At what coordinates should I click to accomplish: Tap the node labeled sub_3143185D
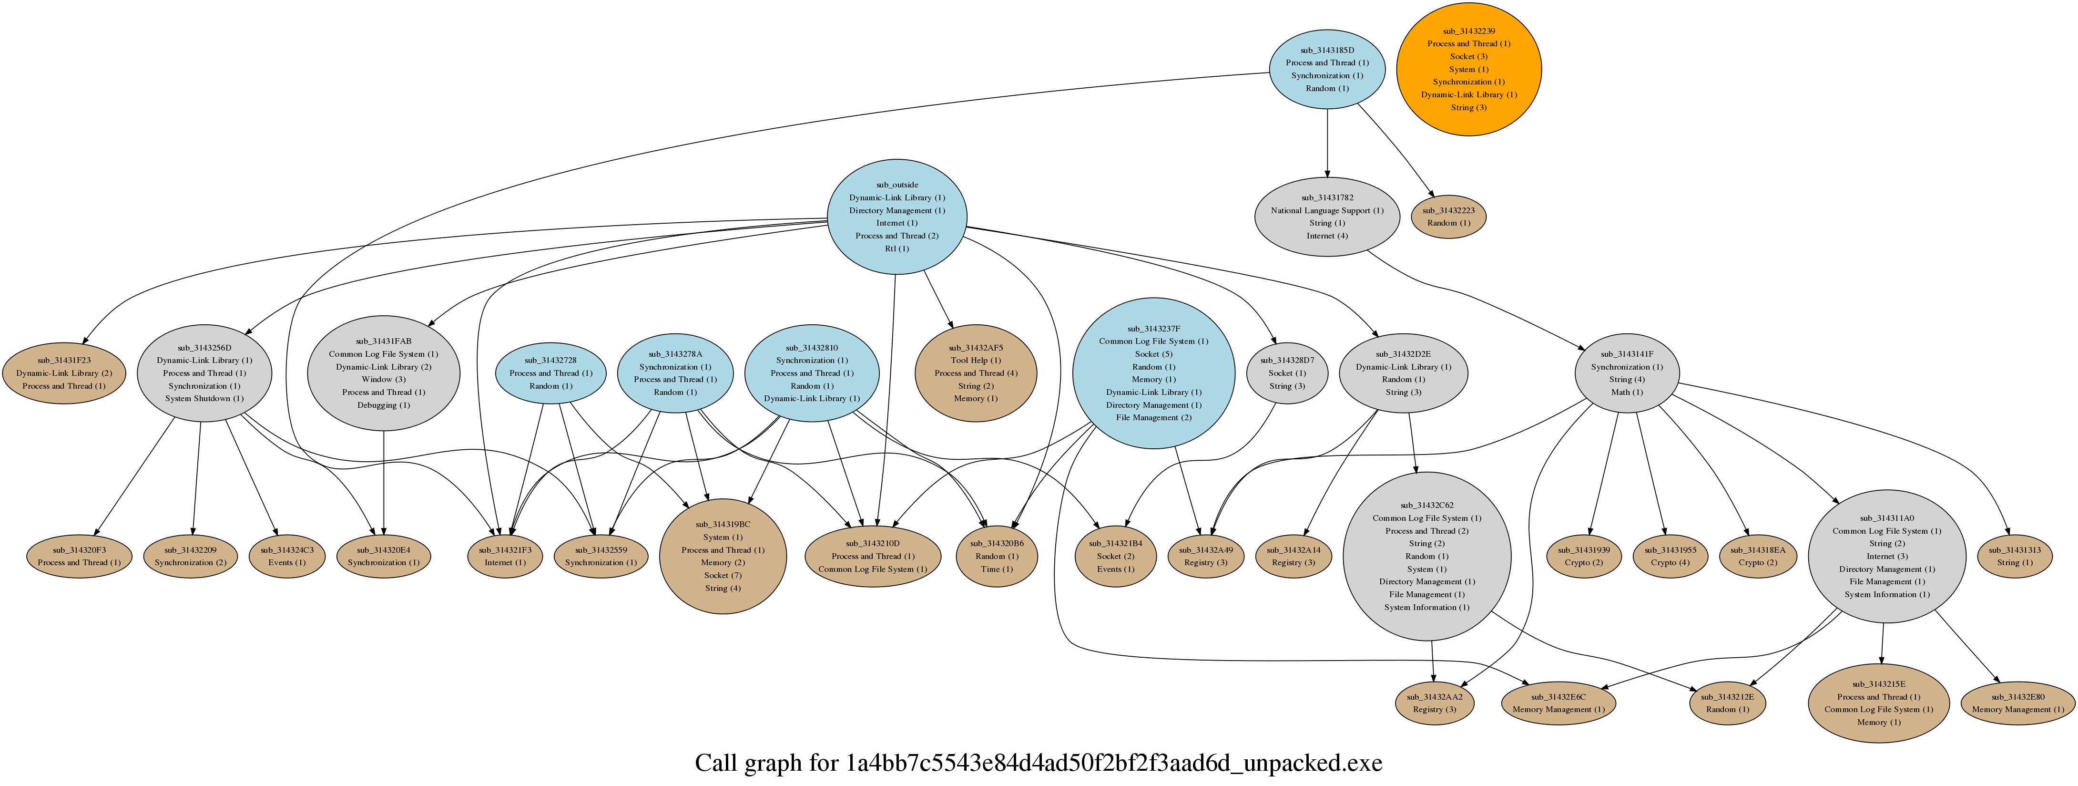(x=1327, y=69)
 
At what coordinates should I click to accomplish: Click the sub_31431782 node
(x=1327, y=216)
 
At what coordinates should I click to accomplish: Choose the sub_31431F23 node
(x=64, y=373)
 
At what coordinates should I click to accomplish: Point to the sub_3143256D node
(x=204, y=373)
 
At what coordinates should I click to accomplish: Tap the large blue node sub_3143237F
(x=1153, y=373)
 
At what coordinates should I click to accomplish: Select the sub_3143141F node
(x=1627, y=373)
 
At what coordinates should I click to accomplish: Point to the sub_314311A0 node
(x=1886, y=556)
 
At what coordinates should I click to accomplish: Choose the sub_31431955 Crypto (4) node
(x=1670, y=556)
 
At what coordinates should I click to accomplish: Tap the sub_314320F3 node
(x=79, y=556)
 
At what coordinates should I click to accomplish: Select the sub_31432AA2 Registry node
(x=1434, y=703)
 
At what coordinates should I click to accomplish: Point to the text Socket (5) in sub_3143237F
(x=1153, y=353)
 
